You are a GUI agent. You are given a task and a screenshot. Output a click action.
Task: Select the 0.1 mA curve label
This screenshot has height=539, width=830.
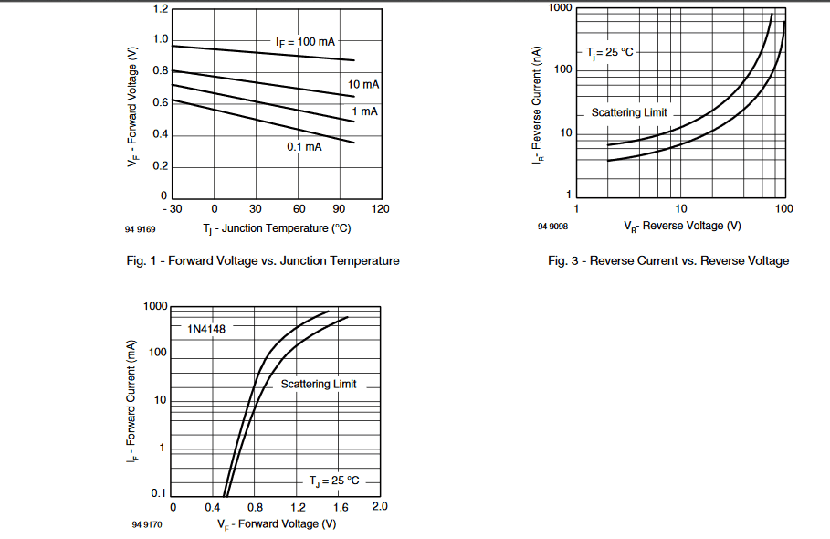[x=305, y=147]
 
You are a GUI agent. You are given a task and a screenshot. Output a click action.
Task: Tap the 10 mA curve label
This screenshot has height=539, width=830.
[x=364, y=84]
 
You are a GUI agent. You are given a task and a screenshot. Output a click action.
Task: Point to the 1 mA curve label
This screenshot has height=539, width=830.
[x=365, y=111]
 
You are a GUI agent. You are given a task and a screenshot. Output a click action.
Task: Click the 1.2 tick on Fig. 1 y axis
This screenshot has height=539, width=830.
[x=161, y=9]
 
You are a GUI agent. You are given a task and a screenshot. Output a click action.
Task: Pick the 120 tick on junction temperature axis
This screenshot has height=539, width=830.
[x=382, y=209]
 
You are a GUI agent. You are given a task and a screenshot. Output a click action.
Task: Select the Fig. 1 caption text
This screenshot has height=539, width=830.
[x=263, y=261]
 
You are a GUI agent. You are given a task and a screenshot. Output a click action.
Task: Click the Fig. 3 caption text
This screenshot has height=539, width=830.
[x=668, y=261]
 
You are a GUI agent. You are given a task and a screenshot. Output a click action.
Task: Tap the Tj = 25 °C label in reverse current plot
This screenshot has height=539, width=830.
[x=609, y=52]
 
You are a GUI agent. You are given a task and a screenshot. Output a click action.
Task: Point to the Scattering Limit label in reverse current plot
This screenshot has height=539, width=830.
[x=629, y=112]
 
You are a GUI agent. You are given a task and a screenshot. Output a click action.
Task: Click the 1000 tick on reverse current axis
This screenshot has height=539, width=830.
[x=561, y=8]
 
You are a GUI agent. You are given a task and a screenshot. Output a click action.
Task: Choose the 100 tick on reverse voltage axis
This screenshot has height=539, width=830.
[x=783, y=209]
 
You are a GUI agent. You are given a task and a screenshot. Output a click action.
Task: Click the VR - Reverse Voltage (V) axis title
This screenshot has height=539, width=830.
[x=682, y=226]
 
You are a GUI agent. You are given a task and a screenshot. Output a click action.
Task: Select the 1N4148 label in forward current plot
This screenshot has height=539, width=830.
[x=205, y=328]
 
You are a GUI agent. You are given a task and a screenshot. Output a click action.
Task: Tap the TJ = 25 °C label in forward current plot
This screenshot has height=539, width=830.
[x=333, y=481]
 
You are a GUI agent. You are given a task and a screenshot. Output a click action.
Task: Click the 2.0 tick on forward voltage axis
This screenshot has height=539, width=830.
[x=380, y=507]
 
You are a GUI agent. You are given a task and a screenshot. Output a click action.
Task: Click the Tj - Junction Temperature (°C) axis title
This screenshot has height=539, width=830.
[x=277, y=227]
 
